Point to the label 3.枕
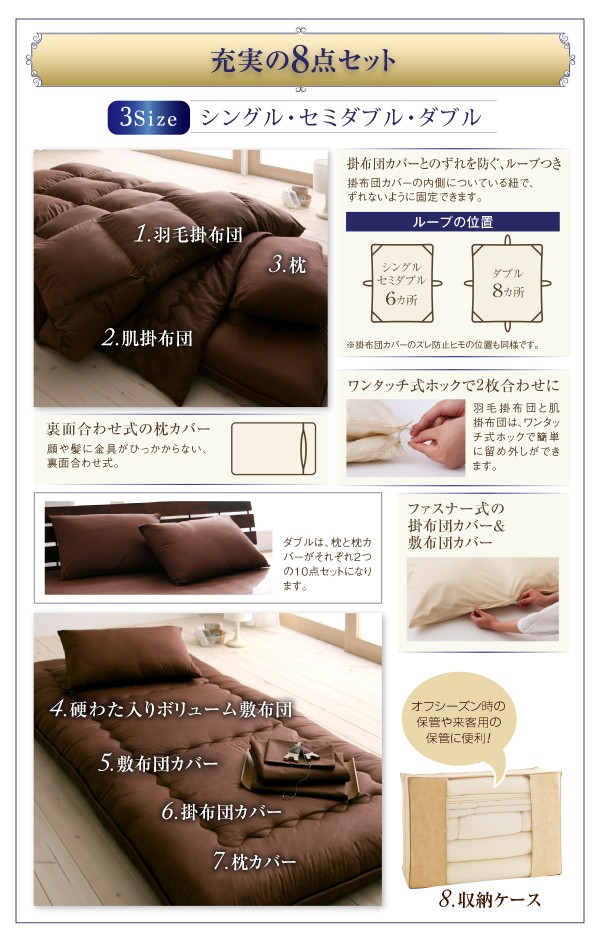point(286,265)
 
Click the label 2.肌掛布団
point(147,337)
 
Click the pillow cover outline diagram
point(273,447)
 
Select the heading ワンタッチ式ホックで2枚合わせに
point(454,385)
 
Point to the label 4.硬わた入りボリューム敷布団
point(171,711)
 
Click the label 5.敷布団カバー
point(172,764)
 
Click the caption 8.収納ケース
point(490,900)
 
